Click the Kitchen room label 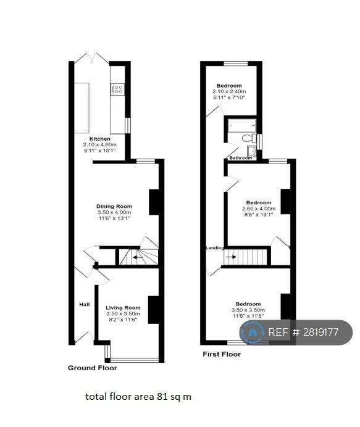coord(100,139)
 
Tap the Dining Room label coord(114,206)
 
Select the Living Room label coord(123,308)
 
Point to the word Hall coord(85,304)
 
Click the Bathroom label coord(240,158)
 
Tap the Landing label coord(215,248)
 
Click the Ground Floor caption coord(93,368)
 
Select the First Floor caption coord(222,354)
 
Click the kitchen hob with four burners coord(118,89)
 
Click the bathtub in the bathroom coord(242,125)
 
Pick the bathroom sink coord(251,150)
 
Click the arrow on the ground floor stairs coord(138,257)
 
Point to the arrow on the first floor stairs coord(231,257)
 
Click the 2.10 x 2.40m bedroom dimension coord(229,91)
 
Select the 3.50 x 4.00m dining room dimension coord(114,212)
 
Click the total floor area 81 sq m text coord(138,397)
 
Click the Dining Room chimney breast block coord(154,202)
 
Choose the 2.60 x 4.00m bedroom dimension coord(259,209)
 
